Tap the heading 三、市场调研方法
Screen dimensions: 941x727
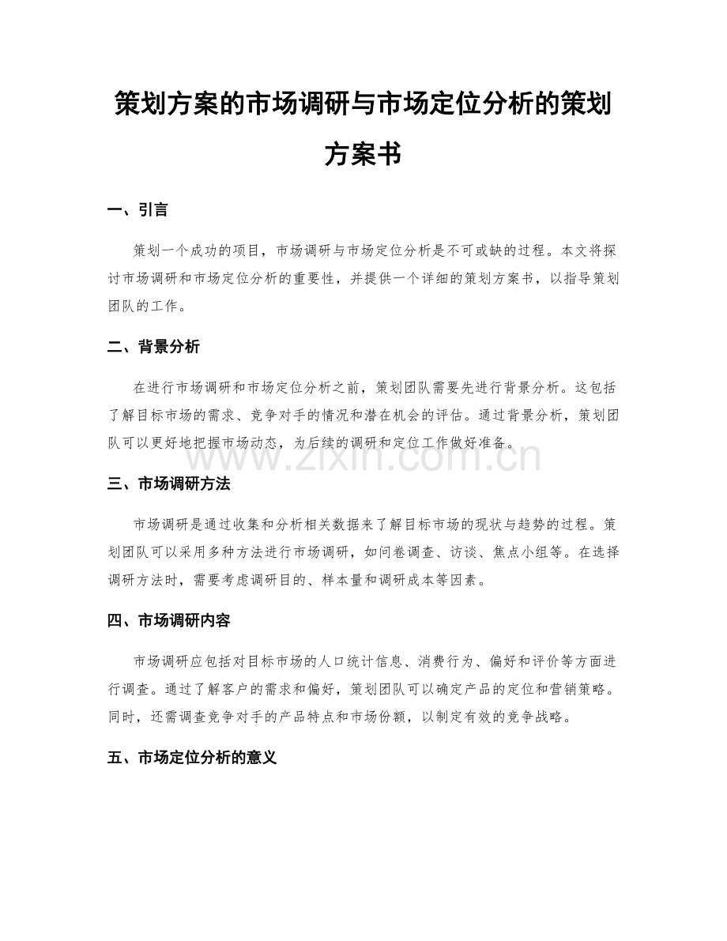click(168, 484)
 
